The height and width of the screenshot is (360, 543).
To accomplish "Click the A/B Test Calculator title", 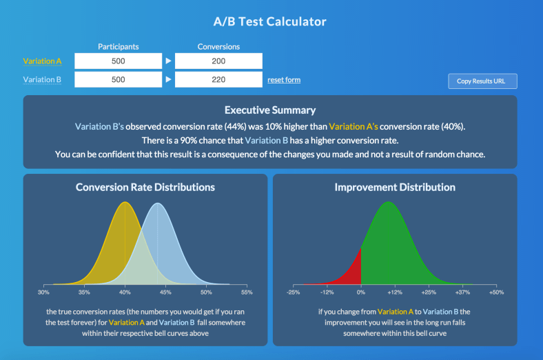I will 270,21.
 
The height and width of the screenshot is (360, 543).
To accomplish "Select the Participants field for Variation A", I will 118,61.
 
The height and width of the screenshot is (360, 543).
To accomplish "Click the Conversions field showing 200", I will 218,61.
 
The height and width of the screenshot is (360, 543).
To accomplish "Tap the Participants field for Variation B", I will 118,80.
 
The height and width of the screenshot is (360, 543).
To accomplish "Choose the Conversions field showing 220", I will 218,80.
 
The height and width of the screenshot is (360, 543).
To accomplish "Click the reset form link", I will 284,80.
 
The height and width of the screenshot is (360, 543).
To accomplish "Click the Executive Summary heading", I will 270,110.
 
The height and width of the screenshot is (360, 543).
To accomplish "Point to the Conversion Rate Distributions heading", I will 145,187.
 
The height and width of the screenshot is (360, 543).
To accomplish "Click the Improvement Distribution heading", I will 395,187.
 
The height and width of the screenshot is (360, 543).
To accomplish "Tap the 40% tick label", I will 125,292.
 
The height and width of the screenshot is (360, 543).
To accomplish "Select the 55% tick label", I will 247,292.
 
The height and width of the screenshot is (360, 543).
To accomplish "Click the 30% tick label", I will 44,292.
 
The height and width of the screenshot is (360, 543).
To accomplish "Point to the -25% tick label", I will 293,292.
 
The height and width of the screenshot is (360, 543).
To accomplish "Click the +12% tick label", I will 395,292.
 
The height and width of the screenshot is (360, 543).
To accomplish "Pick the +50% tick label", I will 496,292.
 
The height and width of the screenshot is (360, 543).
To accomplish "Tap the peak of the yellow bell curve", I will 125,203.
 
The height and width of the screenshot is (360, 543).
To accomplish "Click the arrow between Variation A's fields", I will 168,61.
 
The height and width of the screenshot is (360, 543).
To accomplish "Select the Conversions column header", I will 218,47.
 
